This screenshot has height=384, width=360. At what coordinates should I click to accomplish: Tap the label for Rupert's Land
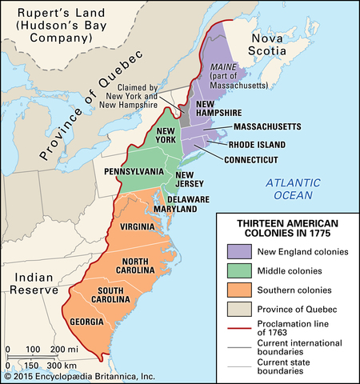(57, 23)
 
